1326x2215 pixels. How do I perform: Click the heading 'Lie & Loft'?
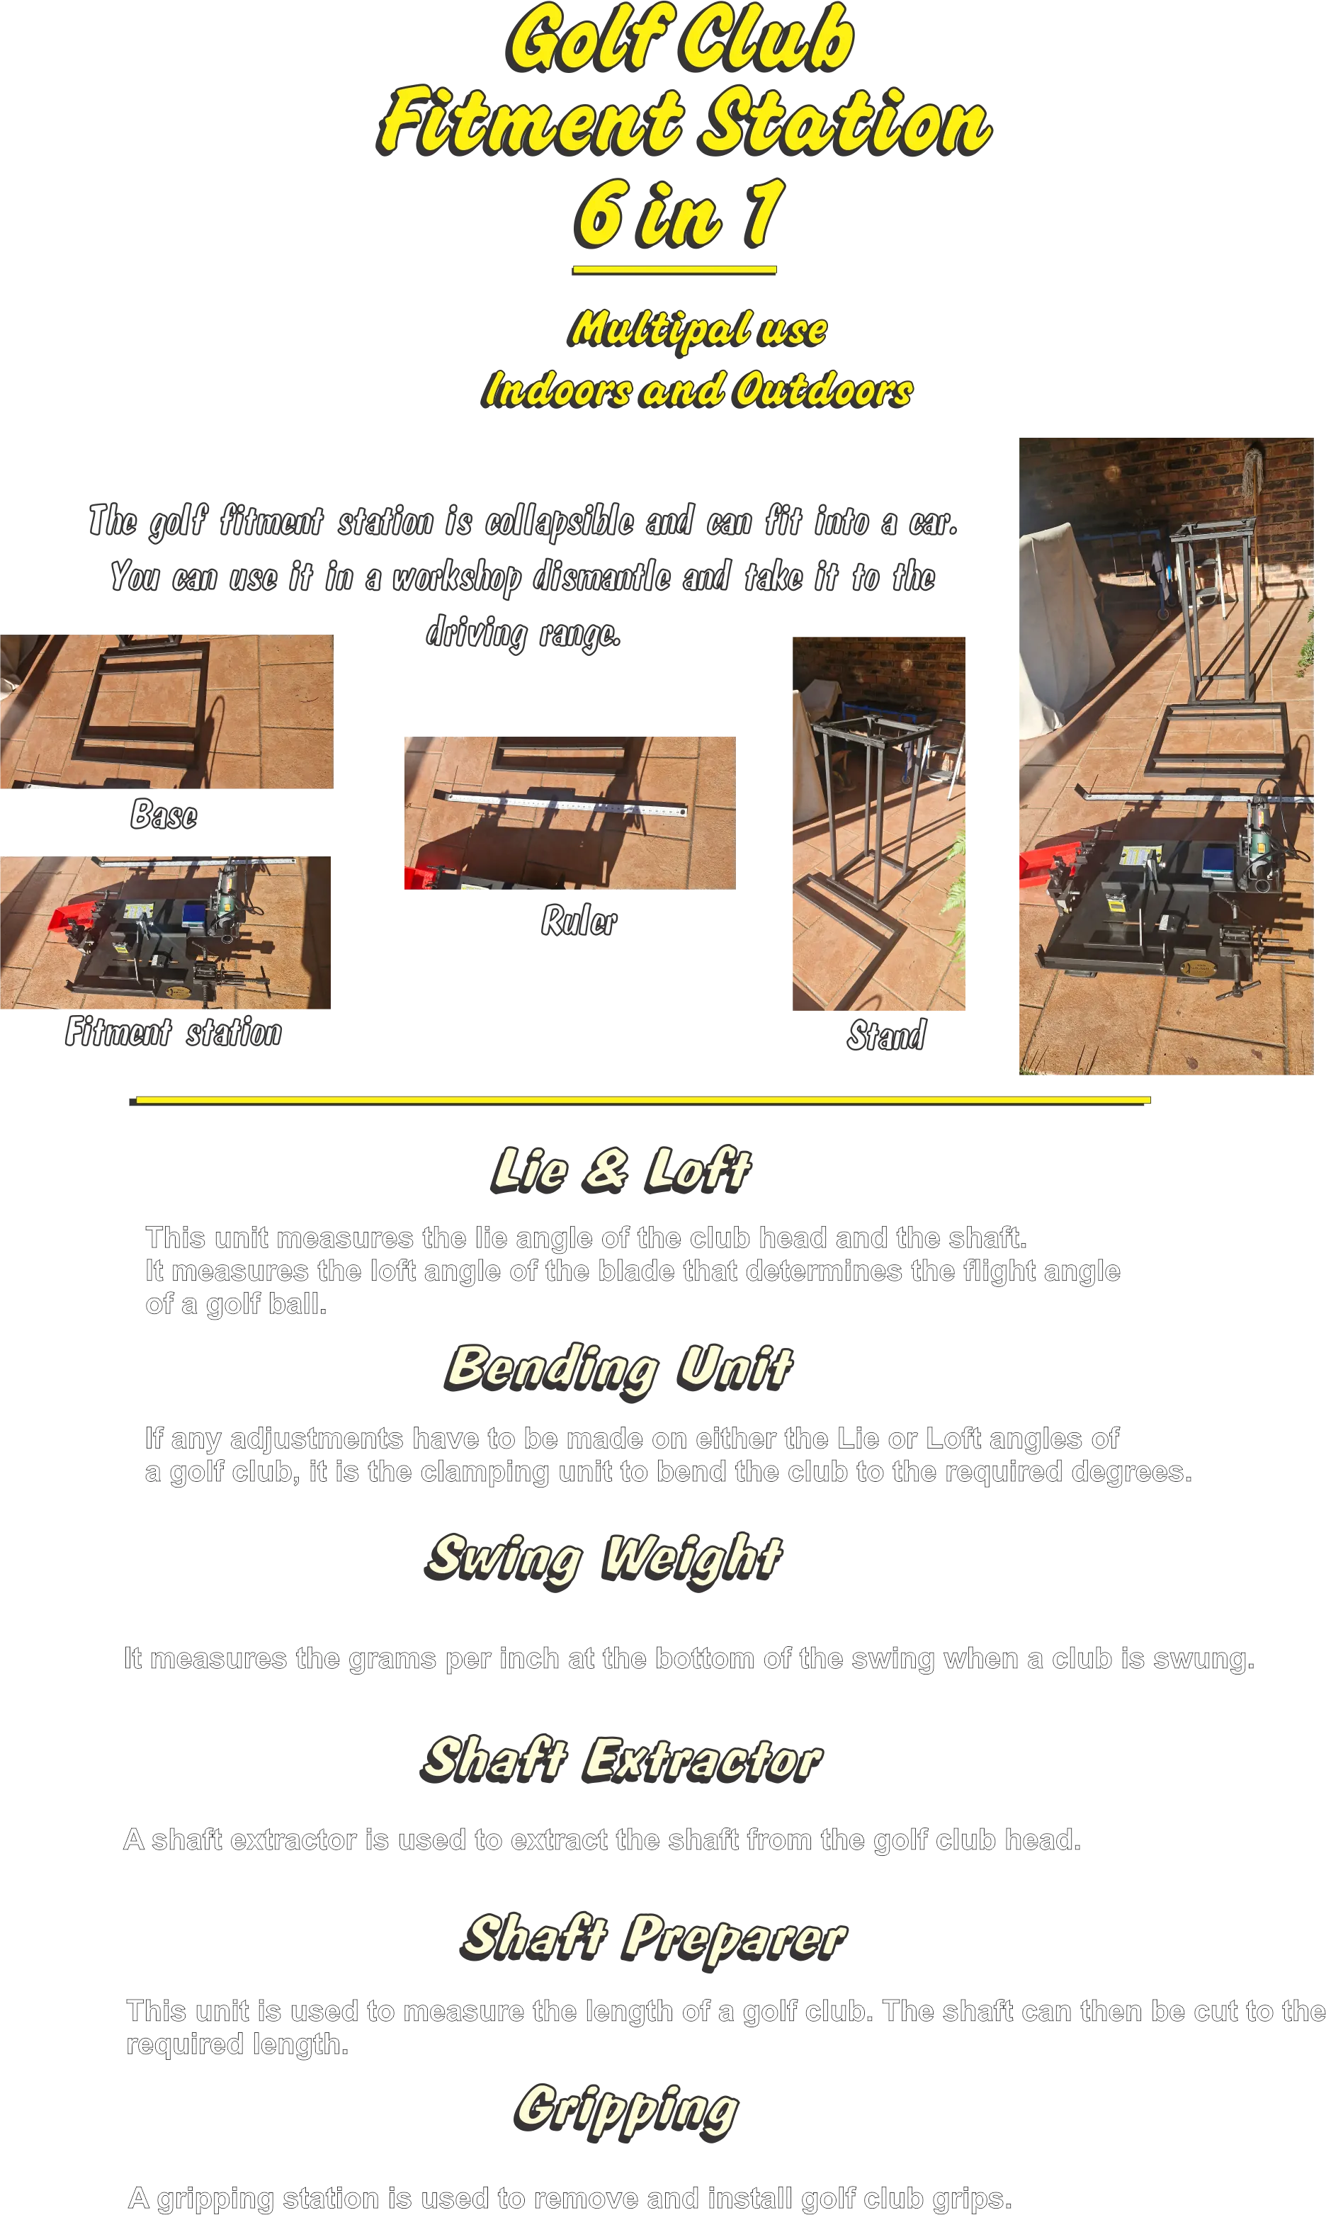click(621, 1169)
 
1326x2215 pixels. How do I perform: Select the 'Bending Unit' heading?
click(619, 1369)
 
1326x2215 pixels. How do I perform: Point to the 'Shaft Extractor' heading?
click(621, 1760)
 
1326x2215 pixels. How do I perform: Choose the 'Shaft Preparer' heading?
click(653, 1939)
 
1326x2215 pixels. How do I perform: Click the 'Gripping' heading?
click(626, 2110)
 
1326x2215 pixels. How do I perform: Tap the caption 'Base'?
click(164, 815)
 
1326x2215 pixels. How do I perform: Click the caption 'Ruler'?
click(579, 921)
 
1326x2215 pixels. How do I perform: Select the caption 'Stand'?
click(886, 1036)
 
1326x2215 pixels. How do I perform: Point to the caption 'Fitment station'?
click(174, 1032)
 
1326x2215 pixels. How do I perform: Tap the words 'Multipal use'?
click(697, 329)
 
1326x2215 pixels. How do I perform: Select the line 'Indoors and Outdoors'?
click(697, 390)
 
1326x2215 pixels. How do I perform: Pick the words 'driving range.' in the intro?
click(523, 633)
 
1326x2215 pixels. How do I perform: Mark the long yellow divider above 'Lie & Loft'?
click(640, 1101)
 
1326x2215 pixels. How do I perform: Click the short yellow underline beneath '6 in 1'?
click(674, 270)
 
